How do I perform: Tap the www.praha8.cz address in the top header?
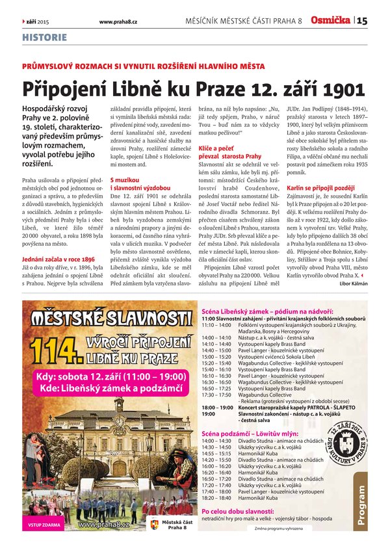point(118,21)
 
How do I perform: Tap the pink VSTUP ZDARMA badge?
point(42,524)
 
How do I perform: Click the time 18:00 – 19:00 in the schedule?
point(217,407)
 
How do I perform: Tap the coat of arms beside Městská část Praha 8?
point(154,524)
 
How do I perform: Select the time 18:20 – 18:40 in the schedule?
point(216,498)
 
